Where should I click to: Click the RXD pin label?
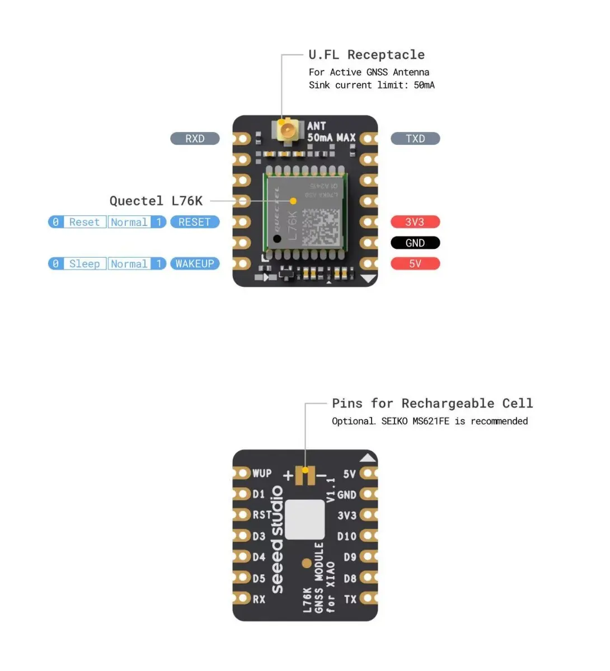(195, 139)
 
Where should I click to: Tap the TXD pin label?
(415, 139)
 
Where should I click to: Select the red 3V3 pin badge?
(415, 222)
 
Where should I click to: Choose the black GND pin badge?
(415, 243)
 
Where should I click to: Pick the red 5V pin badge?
(415, 264)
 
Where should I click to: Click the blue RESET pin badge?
(195, 222)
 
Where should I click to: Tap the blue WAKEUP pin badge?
(195, 264)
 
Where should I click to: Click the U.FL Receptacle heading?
(367, 55)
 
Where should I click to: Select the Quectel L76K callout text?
(156, 201)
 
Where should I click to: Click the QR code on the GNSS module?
(321, 228)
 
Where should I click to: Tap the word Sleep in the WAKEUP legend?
(85, 264)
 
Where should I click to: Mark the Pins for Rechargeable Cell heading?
(432, 404)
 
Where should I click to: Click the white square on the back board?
(305, 519)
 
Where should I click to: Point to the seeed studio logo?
(278, 540)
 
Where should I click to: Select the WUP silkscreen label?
(262, 474)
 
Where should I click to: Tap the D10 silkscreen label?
(346, 537)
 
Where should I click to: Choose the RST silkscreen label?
(262, 515)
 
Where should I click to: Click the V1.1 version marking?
(331, 489)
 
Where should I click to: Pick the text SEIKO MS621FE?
(415, 421)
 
